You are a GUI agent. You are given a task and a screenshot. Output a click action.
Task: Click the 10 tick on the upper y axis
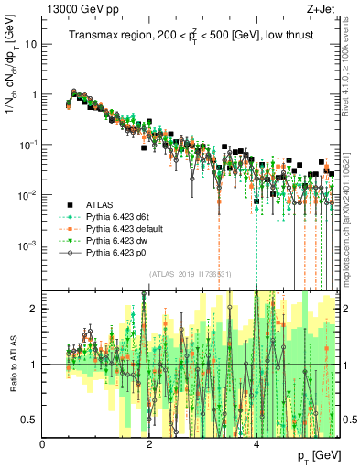point(31,43)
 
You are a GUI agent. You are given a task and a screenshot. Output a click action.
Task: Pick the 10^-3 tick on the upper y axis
point(27,245)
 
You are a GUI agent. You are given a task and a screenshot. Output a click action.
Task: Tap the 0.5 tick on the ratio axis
point(30,420)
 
